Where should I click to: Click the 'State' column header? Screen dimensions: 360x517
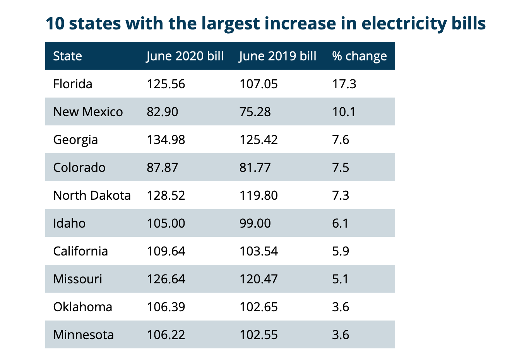click(67, 56)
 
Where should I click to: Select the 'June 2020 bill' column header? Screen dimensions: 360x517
click(185, 56)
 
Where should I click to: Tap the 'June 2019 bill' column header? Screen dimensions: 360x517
click(278, 56)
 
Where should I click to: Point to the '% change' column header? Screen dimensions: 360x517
click(359, 56)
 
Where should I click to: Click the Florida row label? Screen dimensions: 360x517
click(73, 84)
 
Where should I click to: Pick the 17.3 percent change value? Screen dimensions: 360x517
click(344, 84)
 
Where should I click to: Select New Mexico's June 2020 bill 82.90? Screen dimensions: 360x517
click(163, 112)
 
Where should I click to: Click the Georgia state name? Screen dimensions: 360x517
click(75, 140)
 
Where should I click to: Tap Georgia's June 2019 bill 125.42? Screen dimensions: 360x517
click(258, 140)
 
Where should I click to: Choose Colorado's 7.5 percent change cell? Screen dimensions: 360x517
click(341, 168)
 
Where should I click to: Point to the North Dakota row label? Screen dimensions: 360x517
click(92, 195)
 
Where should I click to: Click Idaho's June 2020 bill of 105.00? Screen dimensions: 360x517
click(166, 223)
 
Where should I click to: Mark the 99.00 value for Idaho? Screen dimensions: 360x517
click(255, 223)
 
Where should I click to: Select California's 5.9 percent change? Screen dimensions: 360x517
click(341, 251)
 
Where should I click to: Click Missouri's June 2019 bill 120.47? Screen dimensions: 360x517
click(258, 279)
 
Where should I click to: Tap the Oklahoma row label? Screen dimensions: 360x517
click(83, 307)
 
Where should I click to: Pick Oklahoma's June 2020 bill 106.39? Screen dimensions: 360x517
click(166, 307)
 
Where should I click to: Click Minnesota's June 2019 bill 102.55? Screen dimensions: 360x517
click(258, 335)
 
